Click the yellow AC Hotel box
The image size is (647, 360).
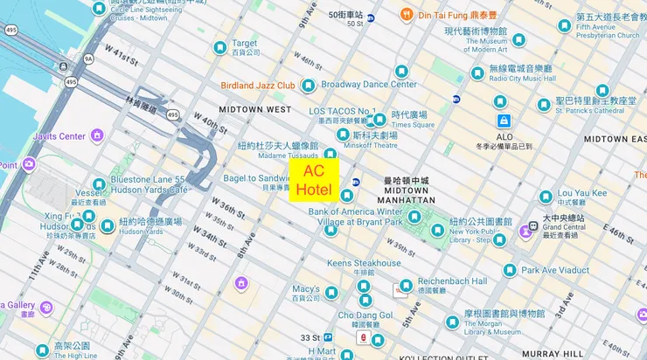coord(314,181)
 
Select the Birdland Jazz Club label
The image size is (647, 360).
coord(257,86)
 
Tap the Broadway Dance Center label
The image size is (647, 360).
coord(368,85)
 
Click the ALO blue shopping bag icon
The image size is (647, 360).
coord(504,121)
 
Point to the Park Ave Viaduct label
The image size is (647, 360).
coord(555,270)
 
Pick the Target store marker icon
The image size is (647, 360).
coord(220,47)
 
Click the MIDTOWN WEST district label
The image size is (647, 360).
coord(254,109)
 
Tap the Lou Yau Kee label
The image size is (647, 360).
coord(581,193)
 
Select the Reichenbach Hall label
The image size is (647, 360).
coord(452,281)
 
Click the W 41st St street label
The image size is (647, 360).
coord(120,59)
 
